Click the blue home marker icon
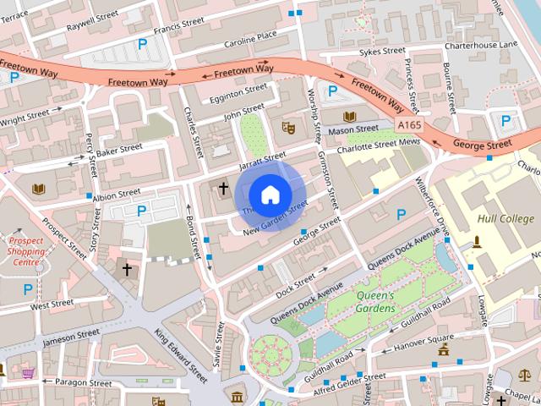click(269, 195)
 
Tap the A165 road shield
click(409, 125)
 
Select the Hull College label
click(505, 217)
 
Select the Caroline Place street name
click(250, 37)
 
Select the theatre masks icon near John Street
click(287, 128)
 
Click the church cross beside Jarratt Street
click(224, 189)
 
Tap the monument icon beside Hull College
click(478, 243)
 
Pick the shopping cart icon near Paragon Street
click(28, 372)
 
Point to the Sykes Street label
click(382, 52)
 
